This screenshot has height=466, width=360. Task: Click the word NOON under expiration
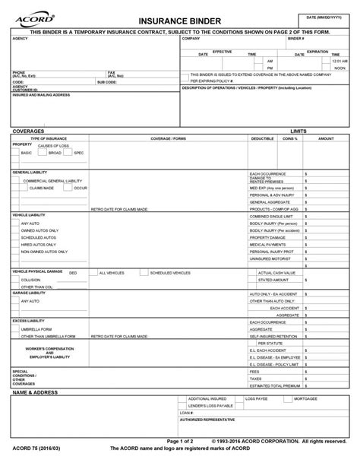click(339, 68)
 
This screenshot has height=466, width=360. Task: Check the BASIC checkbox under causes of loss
click(15, 153)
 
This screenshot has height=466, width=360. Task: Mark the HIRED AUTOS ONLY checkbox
click(15, 243)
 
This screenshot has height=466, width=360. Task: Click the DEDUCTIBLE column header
click(262, 138)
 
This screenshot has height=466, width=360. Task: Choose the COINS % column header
click(289, 138)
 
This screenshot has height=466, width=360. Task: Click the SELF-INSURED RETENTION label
click(276, 336)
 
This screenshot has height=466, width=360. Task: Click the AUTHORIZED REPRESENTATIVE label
click(207, 419)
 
